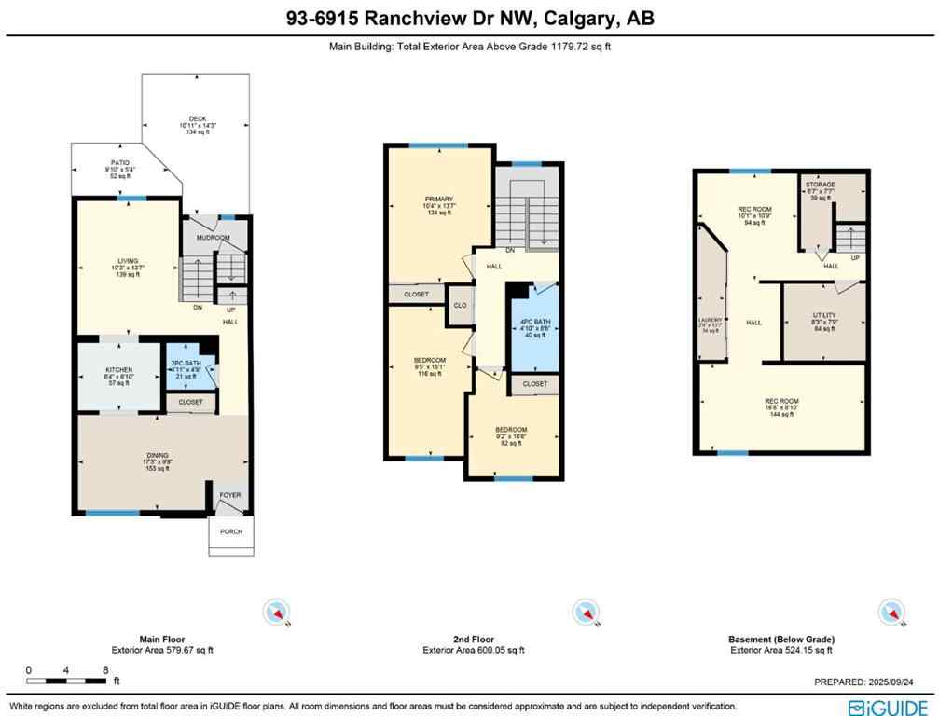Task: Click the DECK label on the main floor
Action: pos(197,118)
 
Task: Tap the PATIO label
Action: pos(120,162)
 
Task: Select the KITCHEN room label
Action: pos(118,370)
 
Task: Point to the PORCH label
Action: pos(230,531)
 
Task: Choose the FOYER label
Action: pos(229,495)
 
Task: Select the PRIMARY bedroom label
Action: pos(438,200)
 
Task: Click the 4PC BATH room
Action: pos(534,329)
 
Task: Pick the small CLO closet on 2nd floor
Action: pos(460,305)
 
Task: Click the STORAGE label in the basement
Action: pos(821,185)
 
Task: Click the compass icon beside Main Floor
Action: pos(279,612)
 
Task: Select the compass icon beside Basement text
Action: pos(891,612)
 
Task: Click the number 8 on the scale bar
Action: pos(106,669)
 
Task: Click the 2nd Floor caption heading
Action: pos(473,639)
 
